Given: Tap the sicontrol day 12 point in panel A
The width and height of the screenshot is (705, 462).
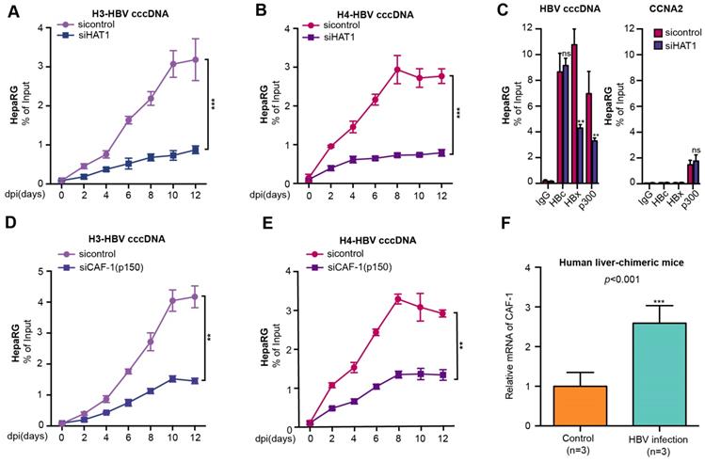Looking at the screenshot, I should tap(194, 59).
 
